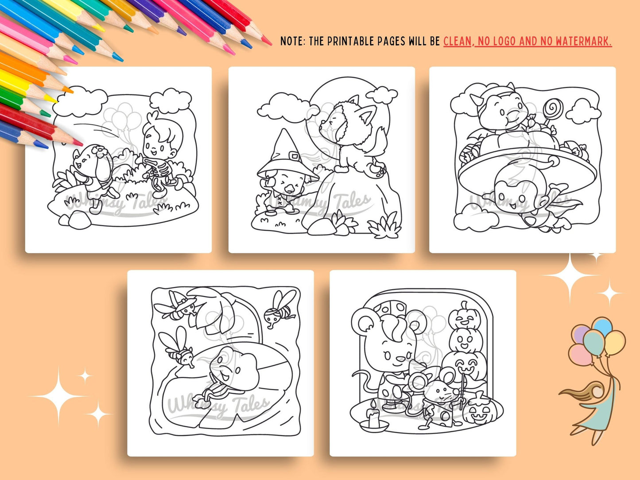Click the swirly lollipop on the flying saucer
[552, 109]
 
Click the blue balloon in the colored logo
[602, 326]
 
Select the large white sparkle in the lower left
[58, 396]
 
